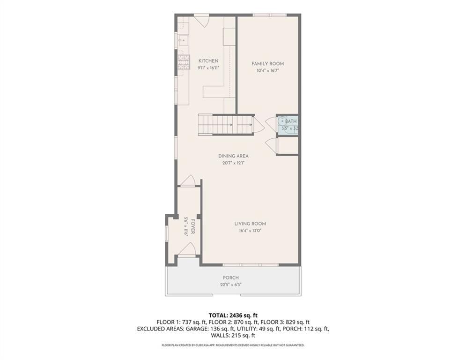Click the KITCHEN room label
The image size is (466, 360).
(x=208, y=61)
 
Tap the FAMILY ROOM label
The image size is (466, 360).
(x=267, y=64)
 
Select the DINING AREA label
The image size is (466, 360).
(x=233, y=156)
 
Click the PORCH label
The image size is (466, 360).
(x=231, y=277)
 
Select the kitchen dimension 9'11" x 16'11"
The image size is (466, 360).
(x=208, y=68)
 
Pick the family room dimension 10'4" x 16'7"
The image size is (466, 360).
(x=267, y=71)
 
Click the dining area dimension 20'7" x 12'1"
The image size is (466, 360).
(x=233, y=163)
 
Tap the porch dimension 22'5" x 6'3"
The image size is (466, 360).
(x=231, y=284)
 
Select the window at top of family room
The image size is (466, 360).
(x=269, y=15)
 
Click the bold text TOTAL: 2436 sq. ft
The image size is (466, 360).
(x=233, y=315)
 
